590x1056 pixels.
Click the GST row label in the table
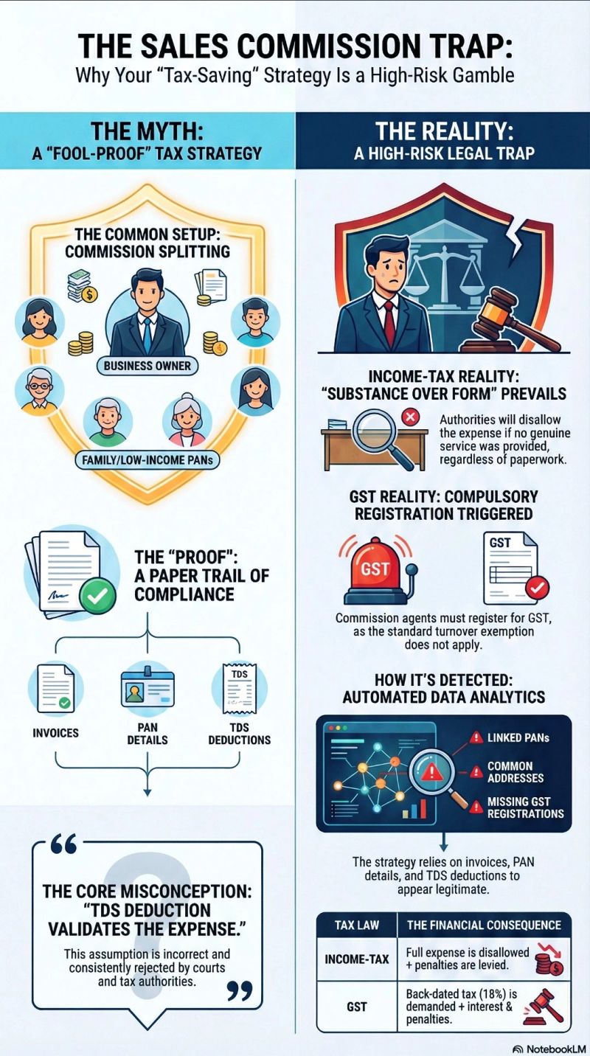click(356, 1006)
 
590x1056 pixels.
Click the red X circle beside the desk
click(408, 419)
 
